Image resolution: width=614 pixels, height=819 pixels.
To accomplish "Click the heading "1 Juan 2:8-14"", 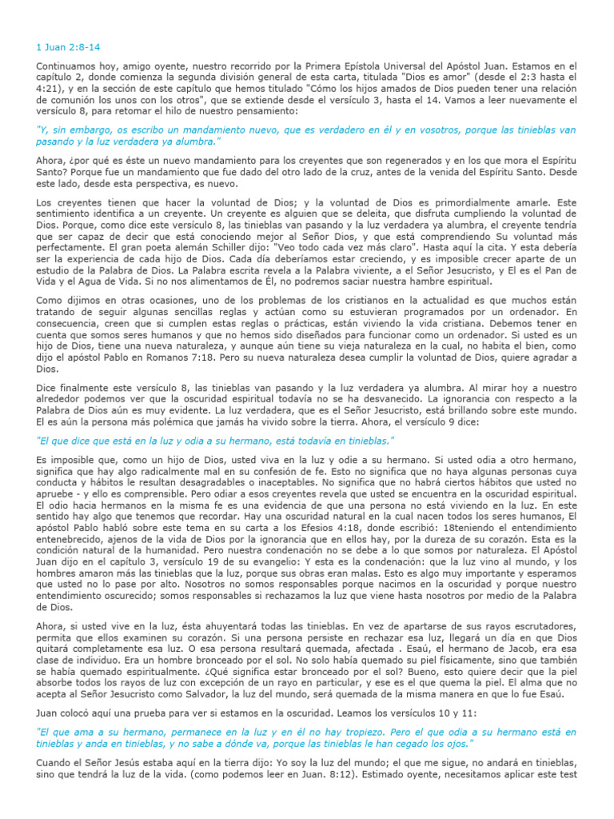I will point(67,46).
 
